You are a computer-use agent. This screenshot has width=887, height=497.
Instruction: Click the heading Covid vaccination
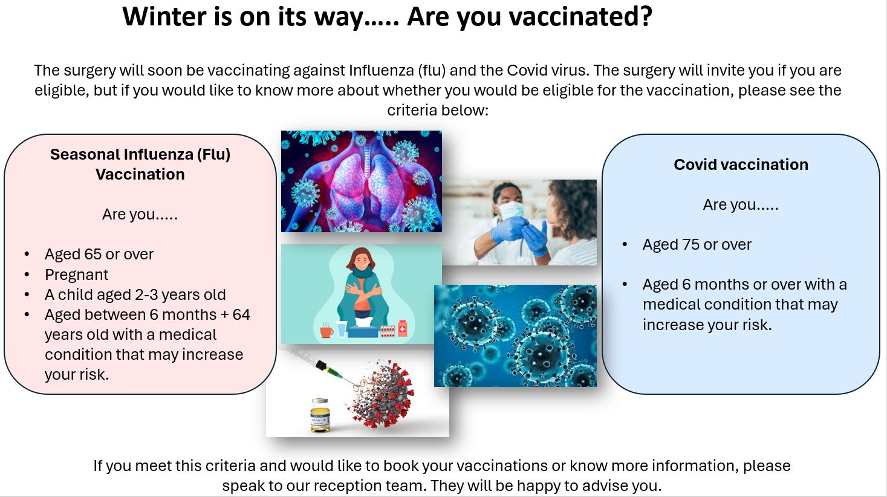[x=741, y=164]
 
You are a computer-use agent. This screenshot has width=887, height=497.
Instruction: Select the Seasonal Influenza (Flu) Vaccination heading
[x=140, y=164]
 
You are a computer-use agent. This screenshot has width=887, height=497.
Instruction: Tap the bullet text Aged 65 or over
[x=99, y=254]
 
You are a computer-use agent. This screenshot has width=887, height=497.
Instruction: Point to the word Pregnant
[x=76, y=274]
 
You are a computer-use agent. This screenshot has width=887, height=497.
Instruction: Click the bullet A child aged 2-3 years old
[x=135, y=294]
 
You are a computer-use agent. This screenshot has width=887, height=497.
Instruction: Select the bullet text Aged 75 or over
[x=697, y=244]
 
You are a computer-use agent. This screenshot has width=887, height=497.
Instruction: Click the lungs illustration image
[x=361, y=181]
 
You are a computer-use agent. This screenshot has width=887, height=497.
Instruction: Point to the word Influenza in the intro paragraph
[x=381, y=70]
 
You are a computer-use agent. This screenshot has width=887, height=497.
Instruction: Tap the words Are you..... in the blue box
[x=740, y=204]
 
